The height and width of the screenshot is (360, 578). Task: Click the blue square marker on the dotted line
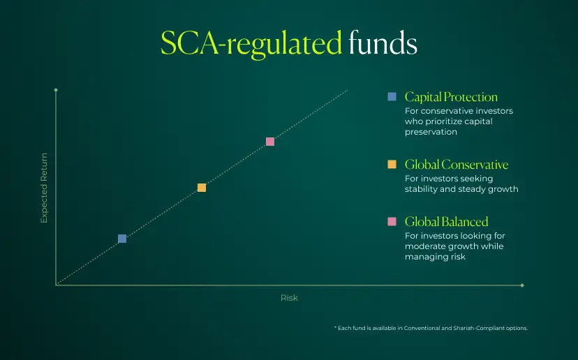(122, 239)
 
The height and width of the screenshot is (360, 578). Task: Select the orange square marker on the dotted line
(202, 188)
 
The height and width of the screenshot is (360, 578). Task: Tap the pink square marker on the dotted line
(270, 142)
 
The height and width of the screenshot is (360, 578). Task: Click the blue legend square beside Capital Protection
(392, 96)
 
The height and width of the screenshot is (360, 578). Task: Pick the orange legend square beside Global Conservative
(392, 165)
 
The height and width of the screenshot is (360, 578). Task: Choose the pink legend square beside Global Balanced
(392, 221)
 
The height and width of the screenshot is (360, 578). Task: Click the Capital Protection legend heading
(451, 97)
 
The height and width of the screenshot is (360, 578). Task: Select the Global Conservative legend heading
(457, 165)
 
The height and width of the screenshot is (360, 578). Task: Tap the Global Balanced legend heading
(446, 221)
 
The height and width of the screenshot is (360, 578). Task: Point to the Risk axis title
(289, 298)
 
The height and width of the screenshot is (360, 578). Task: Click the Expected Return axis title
(44, 188)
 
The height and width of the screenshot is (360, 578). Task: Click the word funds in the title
(383, 43)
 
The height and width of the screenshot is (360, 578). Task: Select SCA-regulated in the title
(251, 44)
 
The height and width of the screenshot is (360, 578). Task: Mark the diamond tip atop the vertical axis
(56, 90)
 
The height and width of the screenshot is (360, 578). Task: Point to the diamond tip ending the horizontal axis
(522, 285)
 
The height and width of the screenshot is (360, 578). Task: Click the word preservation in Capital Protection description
(431, 132)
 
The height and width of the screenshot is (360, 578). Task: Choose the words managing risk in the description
(435, 257)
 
